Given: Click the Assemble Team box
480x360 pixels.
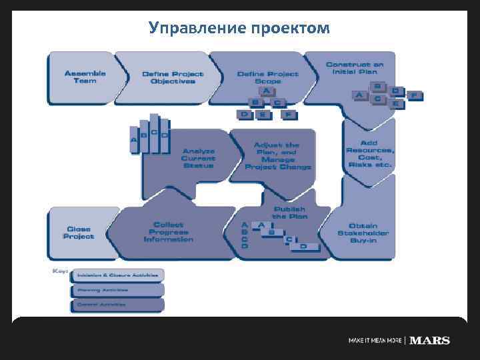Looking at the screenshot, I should (x=80, y=77).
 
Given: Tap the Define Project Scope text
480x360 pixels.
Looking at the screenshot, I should (x=268, y=77).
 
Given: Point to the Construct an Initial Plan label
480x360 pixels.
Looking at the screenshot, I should (x=355, y=67).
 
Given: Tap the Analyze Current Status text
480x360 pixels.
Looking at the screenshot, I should (x=198, y=158).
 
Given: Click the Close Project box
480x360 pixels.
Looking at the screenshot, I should (x=79, y=232).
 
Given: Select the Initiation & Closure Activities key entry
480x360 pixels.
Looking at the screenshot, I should (x=117, y=275).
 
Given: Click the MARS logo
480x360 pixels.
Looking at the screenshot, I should (x=430, y=341).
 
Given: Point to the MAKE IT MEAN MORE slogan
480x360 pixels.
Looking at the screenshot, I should (x=375, y=341).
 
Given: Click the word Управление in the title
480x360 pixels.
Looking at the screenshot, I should (x=197, y=28).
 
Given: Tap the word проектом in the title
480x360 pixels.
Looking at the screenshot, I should (x=291, y=28).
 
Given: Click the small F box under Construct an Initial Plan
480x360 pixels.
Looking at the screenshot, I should (x=415, y=96).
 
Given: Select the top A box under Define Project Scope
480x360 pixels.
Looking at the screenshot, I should (x=266, y=91).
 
